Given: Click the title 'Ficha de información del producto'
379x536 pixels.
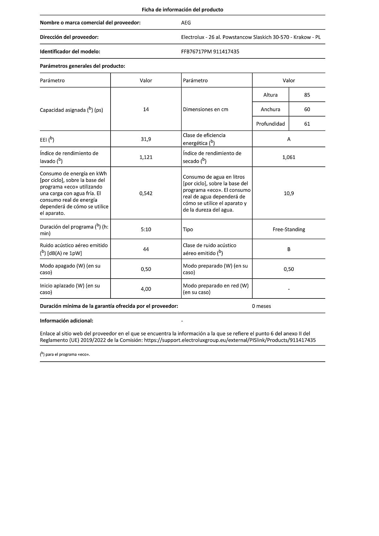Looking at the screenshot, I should point(182,10).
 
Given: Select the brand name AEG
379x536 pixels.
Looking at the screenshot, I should point(186,23).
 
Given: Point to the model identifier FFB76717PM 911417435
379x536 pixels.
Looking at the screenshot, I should point(210,51).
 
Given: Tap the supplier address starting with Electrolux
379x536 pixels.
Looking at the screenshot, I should point(251,37).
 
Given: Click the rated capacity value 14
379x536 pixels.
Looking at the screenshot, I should point(146,109).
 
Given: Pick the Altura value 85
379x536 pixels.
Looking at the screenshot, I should point(307,95).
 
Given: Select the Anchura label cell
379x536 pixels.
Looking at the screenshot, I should point(270,109).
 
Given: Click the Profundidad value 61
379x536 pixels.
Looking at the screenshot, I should point(307,124).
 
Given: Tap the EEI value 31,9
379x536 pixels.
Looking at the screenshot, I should point(146,139).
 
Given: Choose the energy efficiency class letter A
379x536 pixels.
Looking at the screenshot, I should point(289,139).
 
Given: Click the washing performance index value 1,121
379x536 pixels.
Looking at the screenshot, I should point(146,157).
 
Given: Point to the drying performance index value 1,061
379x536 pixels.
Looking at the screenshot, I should point(289,157).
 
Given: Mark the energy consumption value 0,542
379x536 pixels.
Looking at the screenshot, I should point(146,193).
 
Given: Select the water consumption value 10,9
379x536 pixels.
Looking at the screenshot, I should point(289,193).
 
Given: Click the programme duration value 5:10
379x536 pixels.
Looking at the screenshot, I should point(146,229).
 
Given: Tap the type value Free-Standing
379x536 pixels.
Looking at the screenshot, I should point(289,229).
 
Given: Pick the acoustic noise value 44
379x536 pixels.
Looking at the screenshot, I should point(146,249).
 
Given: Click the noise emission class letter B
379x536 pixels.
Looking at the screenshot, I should point(289,249).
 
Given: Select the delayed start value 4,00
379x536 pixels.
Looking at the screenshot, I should point(146,289).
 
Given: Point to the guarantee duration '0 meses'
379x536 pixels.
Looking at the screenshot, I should point(262,306).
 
